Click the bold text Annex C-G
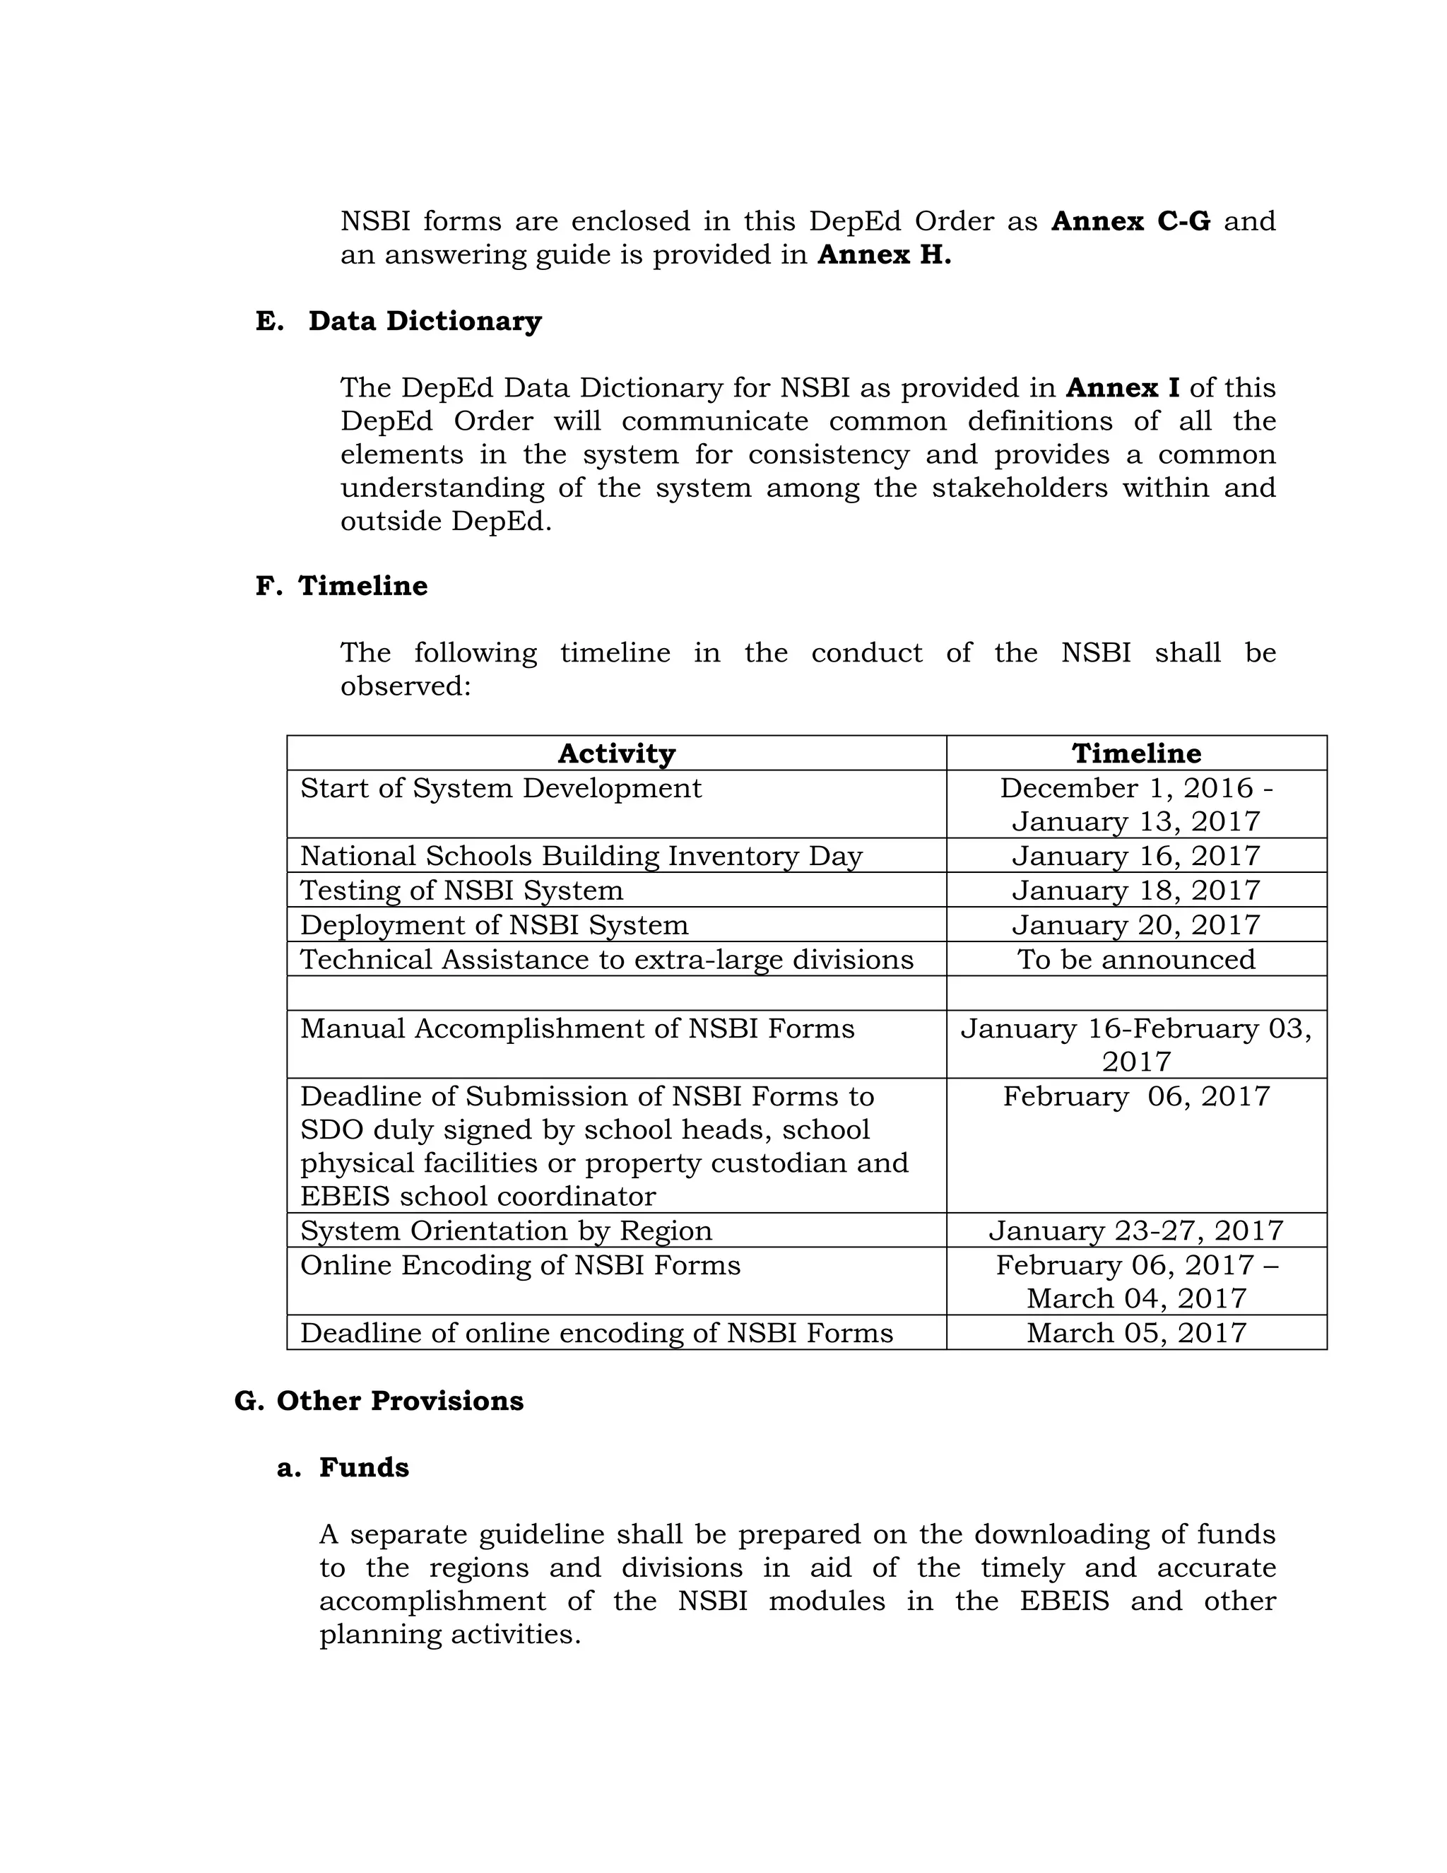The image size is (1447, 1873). pyautogui.click(x=1130, y=221)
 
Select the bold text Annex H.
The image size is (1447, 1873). pyautogui.click(x=884, y=254)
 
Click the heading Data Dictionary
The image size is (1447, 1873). pyautogui.click(x=425, y=321)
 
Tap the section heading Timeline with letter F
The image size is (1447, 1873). pyautogui.click(x=362, y=586)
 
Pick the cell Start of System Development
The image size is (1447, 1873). pyautogui.click(x=501, y=788)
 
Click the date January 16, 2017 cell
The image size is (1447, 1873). pyautogui.click(x=1136, y=856)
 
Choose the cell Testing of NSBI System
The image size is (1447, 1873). pyautogui.click(x=461, y=890)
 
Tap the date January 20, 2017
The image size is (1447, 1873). pyautogui.click(x=1136, y=924)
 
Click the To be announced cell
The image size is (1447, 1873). pyautogui.click(x=1136, y=959)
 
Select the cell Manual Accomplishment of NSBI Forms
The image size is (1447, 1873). pyautogui.click(x=577, y=1028)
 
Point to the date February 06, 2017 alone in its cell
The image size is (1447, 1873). pyautogui.click(x=1136, y=1096)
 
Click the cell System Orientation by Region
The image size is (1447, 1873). pyautogui.click(x=506, y=1231)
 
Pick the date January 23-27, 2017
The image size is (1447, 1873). pyautogui.click(x=1136, y=1231)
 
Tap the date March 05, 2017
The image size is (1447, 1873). pyautogui.click(x=1136, y=1333)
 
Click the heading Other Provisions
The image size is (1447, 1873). pyautogui.click(x=398, y=1400)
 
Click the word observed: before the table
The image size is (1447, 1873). pyautogui.click(x=406, y=686)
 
